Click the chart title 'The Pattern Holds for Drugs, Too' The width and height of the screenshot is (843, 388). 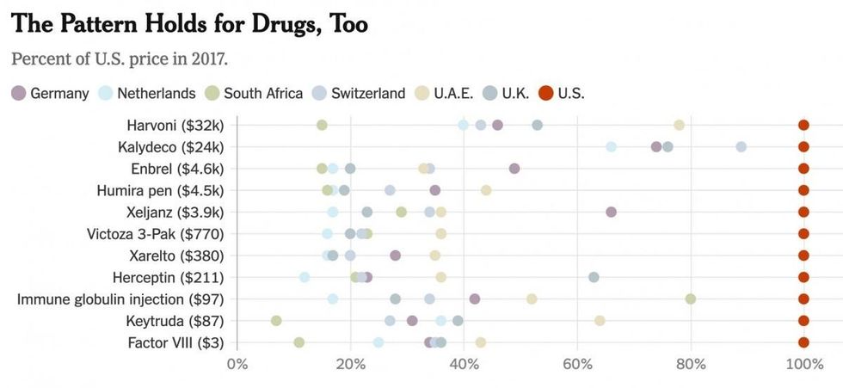pyautogui.click(x=190, y=24)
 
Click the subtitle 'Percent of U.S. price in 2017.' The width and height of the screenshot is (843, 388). pyautogui.click(x=120, y=59)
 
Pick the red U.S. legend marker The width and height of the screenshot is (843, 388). pyautogui.click(x=545, y=93)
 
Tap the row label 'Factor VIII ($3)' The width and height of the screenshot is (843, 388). pyautogui.click(x=175, y=342)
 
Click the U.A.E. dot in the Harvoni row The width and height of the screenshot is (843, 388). pyautogui.click(x=679, y=125)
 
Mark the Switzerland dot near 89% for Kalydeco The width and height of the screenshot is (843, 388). pyautogui.click(x=741, y=147)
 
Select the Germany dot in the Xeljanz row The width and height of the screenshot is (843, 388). pyautogui.click(x=611, y=212)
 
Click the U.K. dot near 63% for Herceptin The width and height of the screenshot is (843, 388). pyautogui.click(x=594, y=277)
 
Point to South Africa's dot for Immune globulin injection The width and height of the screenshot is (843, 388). pyautogui.click(x=690, y=299)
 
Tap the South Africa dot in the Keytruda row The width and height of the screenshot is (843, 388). pyautogui.click(x=276, y=321)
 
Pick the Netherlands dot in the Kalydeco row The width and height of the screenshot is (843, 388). pyautogui.click(x=611, y=147)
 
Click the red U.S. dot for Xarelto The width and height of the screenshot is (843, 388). pyautogui.click(x=803, y=256)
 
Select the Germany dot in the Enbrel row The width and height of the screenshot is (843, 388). pyautogui.click(x=514, y=169)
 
